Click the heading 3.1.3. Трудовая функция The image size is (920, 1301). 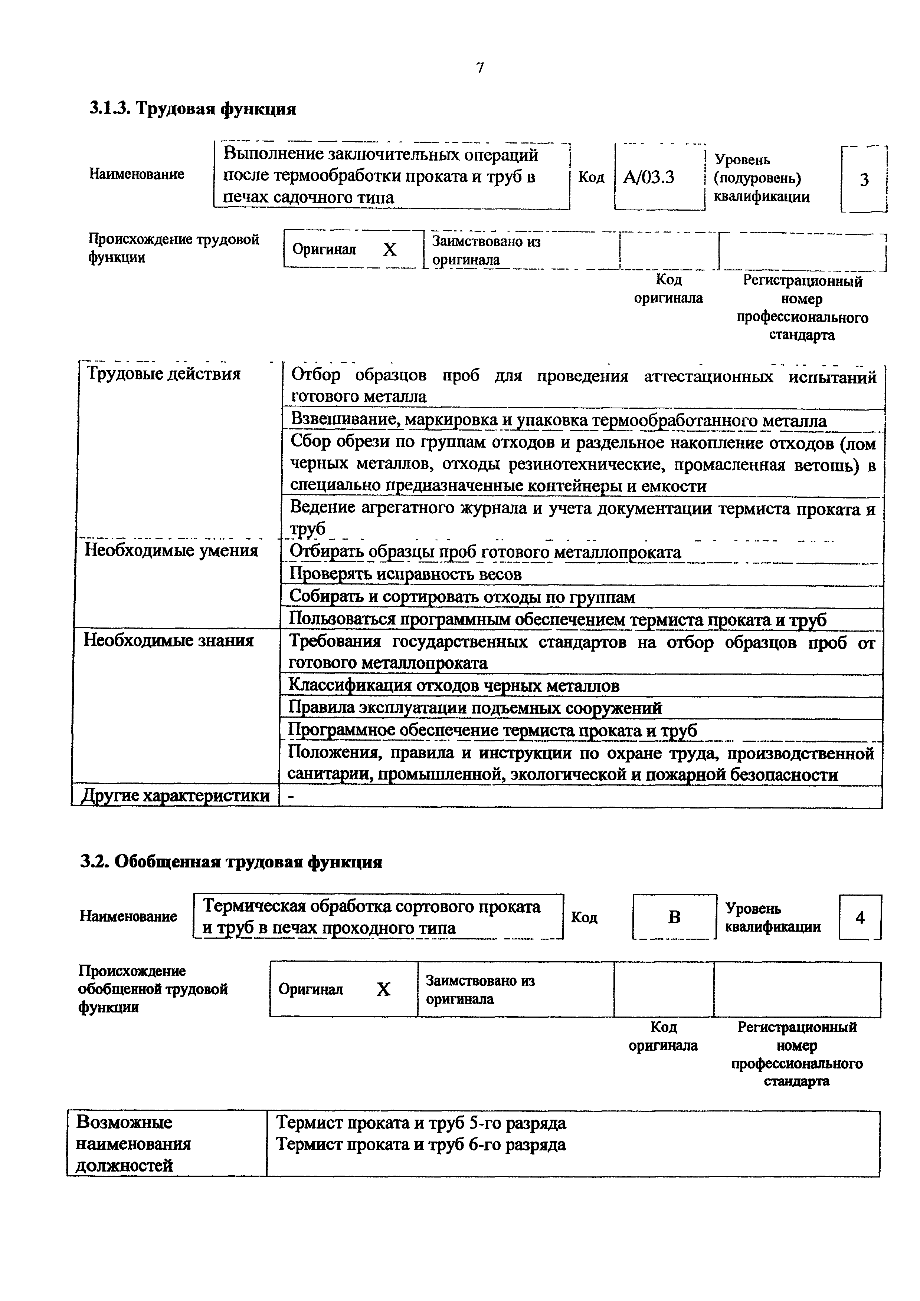(x=193, y=108)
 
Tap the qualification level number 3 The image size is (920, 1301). (x=864, y=180)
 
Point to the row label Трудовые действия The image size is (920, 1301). (x=163, y=374)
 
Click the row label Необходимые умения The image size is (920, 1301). (x=171, y=550)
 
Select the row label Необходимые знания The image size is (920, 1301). (x=168, y=640)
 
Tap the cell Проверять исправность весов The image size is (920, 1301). (x=405, y=574)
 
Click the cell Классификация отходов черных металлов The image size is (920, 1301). (x=454, y=686)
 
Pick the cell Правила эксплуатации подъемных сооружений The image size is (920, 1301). (x=475, y=708)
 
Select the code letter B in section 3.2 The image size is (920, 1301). (x=674, y=917)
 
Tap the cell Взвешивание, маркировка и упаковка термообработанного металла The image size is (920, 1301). (x=559, y=421)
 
